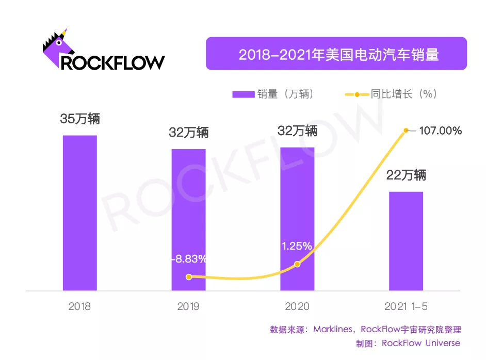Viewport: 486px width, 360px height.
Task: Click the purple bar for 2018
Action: pos(79,213)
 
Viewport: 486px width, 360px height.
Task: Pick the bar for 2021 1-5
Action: pos(406,241)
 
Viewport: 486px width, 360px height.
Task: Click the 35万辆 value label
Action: pos(79,119)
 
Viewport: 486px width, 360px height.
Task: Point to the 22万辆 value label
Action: pos(407,175)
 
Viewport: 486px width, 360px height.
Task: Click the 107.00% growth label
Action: pos(440,131)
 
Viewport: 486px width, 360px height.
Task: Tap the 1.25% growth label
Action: pos(297,247)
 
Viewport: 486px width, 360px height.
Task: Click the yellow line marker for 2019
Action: pos(189,277)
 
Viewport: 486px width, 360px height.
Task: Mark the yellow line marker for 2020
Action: pos(297,264)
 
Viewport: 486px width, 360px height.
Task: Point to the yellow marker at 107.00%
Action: pos(407,130)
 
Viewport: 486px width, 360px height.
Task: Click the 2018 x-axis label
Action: pos(79,306)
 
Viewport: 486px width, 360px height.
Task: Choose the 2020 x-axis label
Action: pos(297,306)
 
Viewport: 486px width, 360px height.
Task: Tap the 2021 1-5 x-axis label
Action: pos(406,306)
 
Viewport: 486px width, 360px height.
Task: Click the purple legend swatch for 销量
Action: pos(244,94)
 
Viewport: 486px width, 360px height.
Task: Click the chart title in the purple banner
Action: pos(338,55)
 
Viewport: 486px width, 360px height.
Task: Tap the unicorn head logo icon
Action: pos(57,46)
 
